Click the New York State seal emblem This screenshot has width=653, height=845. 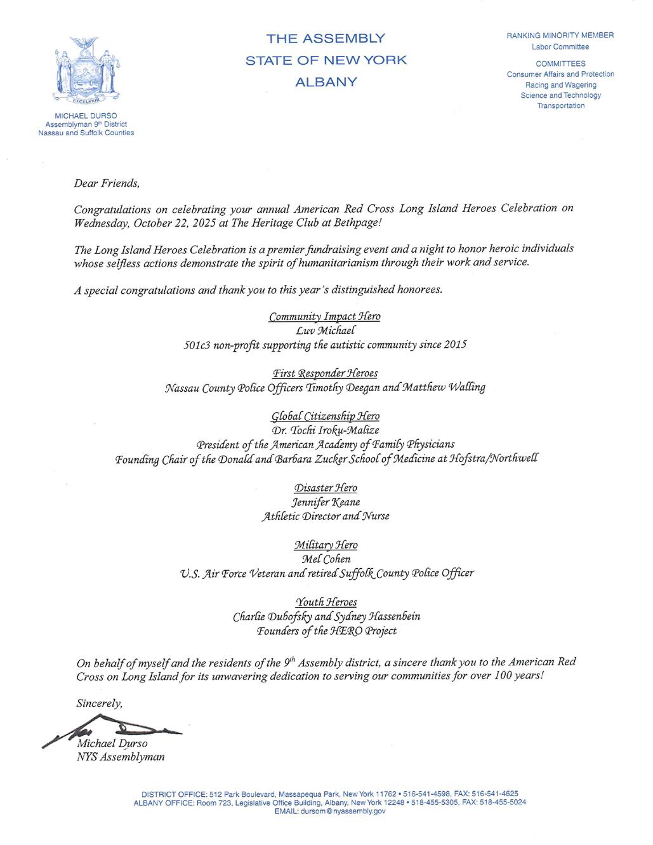(x=86, y=72)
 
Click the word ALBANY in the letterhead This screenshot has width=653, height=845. (x=326, y=83)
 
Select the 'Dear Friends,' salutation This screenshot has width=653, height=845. (x=106, y=183)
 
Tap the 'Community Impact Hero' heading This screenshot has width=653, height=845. (x=325, y=316)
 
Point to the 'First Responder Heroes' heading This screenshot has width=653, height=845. (x=325, y=373)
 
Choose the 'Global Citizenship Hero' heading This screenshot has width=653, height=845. (x=325, y=416)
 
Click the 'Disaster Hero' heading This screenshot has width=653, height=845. (x=325, y=488)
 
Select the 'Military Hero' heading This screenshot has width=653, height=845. (x=326, y=545)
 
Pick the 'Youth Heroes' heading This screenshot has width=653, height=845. (x=326, y=601)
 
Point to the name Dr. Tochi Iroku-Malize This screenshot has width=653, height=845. (x=325, y=430)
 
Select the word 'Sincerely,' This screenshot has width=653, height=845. (x=99, y=703)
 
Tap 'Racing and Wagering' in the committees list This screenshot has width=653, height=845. (x=560, y=85)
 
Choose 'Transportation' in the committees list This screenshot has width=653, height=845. (x=560, y=106)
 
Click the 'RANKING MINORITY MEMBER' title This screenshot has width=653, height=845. (x=560, y=36)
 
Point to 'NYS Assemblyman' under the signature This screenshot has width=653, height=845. (x=120, y=757)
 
